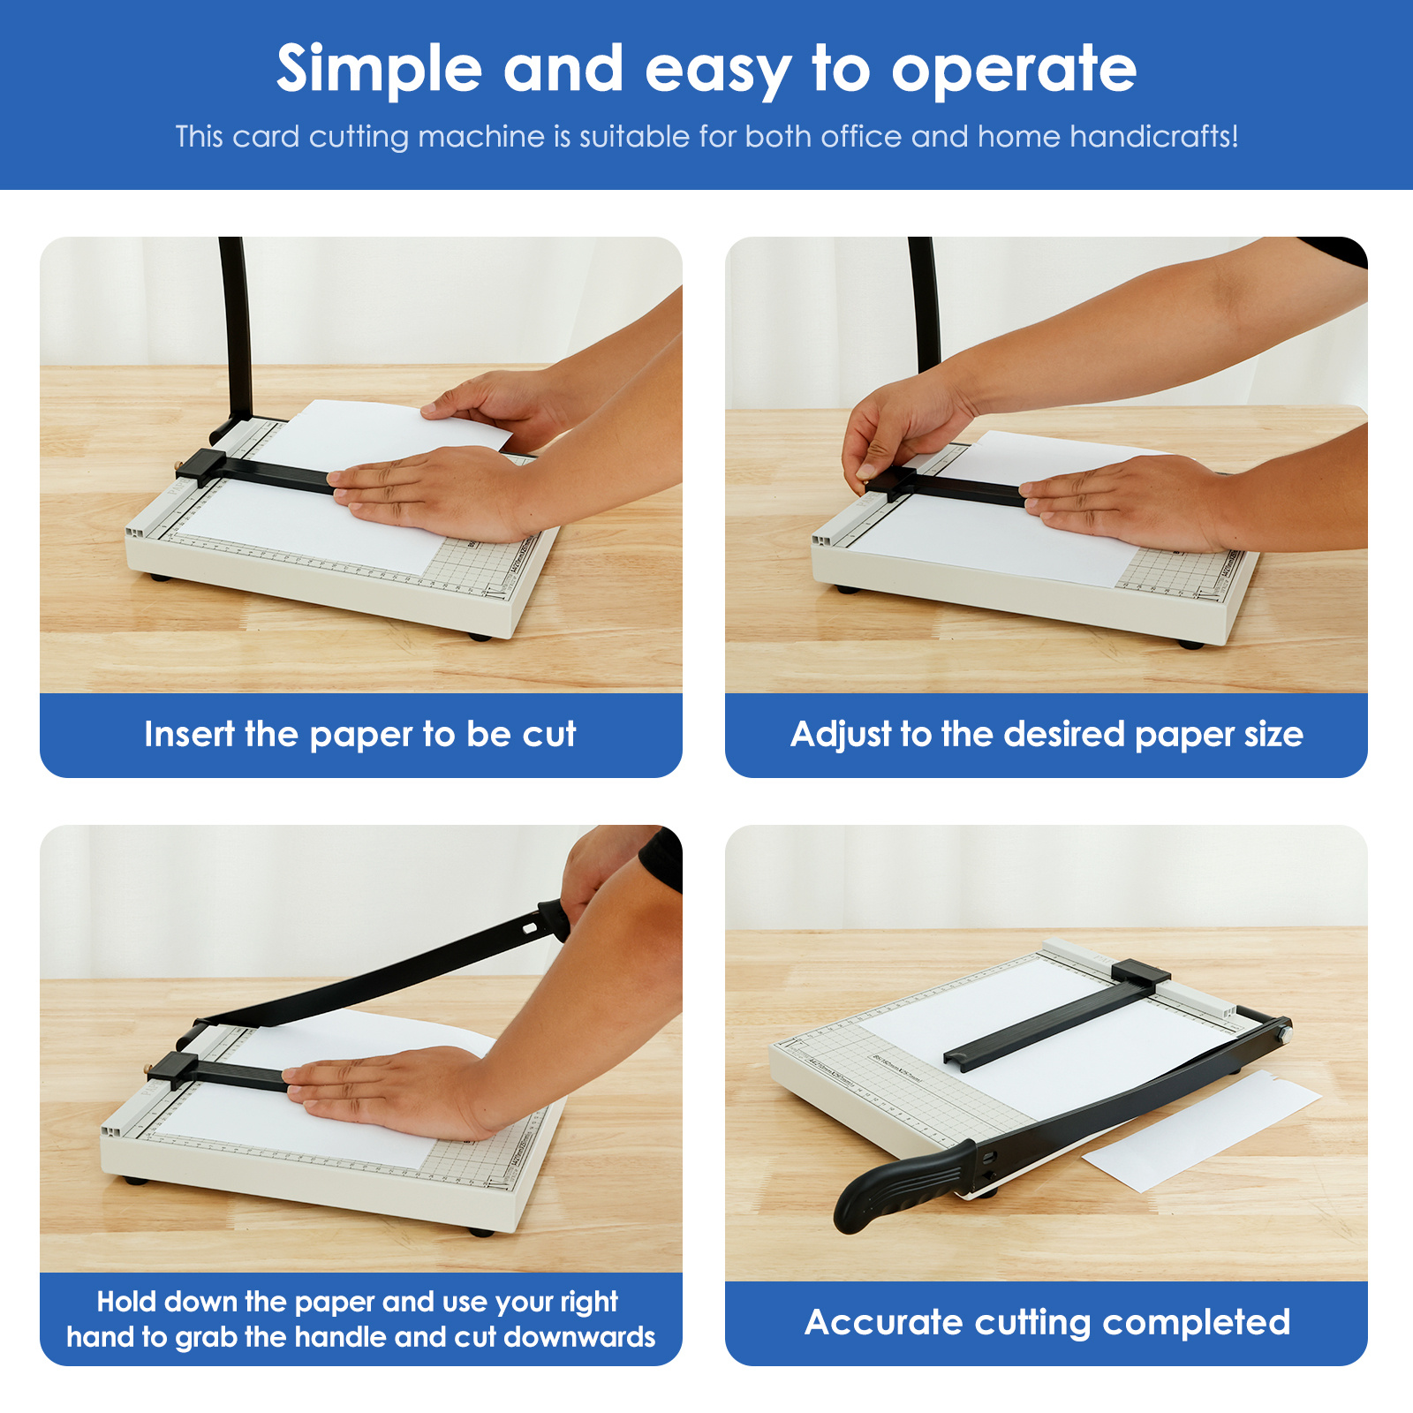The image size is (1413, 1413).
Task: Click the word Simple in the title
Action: pyautogui.click(x=379, y=70)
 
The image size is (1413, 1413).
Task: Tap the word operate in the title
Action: pyautogui.click(x=1014, y=70)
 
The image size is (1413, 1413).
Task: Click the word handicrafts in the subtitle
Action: pyautogui.click(x=1153, y=136)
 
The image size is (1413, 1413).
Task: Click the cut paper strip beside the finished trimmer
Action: pyautogui.click(x=1201, y=1130)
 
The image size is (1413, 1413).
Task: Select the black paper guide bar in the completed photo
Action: pyautogui.click(x=1055, y=1020)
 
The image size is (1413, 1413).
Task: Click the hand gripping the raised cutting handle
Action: pyautogui.click(x=601, y=874)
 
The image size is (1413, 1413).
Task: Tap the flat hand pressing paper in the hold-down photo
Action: pyautogui.click(x=389, y=1091)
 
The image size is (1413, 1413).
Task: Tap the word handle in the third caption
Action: pyautogui.click(x=341, y=1337)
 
